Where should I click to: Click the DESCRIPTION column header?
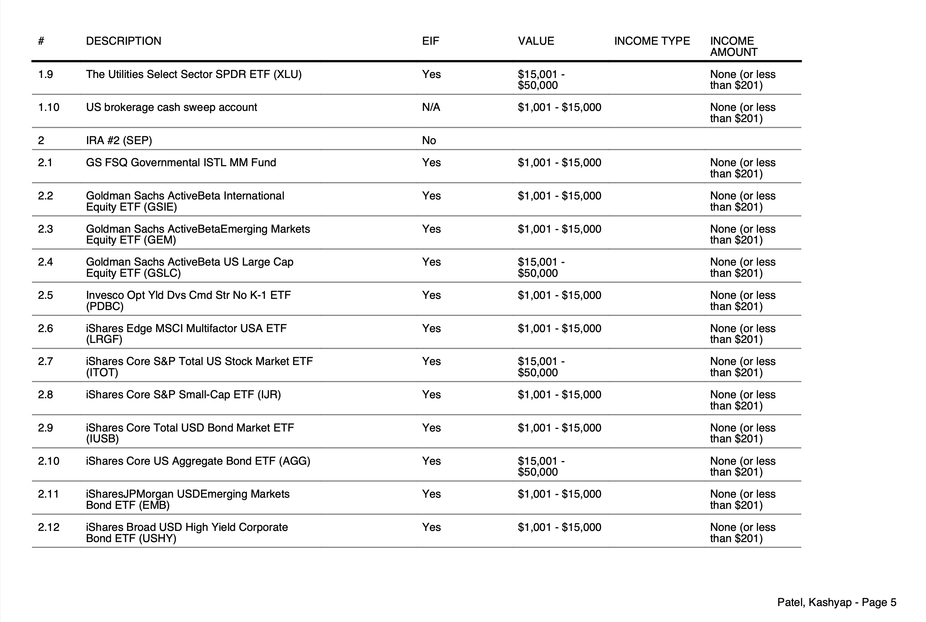pos(123,41)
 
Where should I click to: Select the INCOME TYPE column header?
pos(652,41)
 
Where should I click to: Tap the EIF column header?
pos(430,41)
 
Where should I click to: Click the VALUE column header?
pos(536,41)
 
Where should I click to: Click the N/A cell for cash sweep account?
pos(431,107)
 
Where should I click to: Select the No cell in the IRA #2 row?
pos(429,140)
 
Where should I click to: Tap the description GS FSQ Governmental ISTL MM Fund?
pos(181,163)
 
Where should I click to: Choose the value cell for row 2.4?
pos(541,267)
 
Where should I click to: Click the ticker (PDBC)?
pos(105,306)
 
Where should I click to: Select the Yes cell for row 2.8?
pos(431,395)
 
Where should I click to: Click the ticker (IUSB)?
pos(102,439)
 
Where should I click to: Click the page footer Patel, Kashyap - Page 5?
pos(836,603)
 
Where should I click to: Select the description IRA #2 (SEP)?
pos(119,140)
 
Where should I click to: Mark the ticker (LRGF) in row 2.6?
pos(104,339)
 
